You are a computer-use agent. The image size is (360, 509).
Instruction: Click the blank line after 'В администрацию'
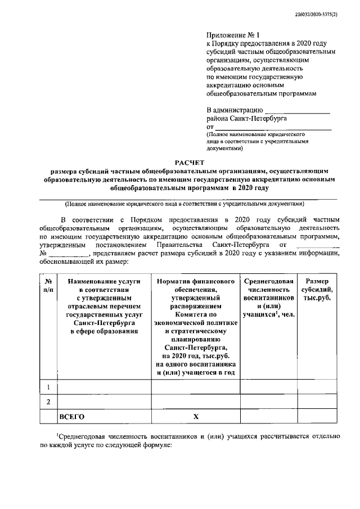pos(297,110)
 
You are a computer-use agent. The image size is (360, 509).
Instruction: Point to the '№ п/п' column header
pos(49,285)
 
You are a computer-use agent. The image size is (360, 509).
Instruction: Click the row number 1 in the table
pos(49,387)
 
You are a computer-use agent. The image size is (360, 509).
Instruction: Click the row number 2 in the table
pos(49,402)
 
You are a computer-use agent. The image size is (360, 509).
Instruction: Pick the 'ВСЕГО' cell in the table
pos(71,417)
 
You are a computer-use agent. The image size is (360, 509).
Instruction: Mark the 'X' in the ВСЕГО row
pos(196,417)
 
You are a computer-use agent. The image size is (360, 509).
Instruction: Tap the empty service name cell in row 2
pos(103,402)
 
